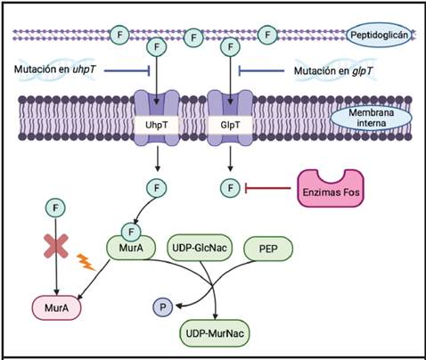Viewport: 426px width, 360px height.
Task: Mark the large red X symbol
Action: coord(57,253)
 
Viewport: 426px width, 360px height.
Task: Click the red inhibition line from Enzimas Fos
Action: coord(267,188)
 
